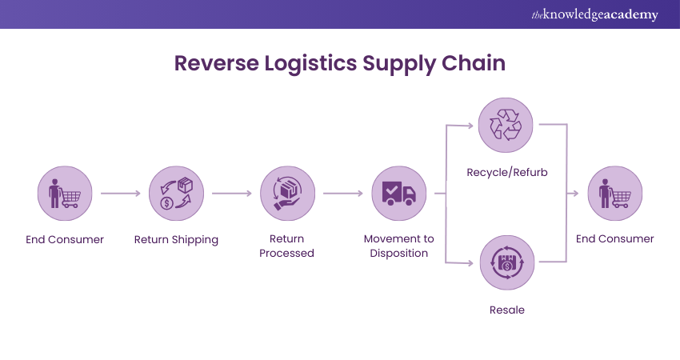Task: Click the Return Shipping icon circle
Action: click(176, 194)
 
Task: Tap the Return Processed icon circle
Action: click(287, 194)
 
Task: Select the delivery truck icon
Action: click(398, 194)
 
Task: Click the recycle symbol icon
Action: click(506, 125)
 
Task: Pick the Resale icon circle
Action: click(506, 262)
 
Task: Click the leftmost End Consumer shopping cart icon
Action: click(65, 194)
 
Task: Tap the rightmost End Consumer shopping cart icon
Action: click(614, 194)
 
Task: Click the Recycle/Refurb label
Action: click(506, 172)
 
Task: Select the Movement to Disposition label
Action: click(398, 246)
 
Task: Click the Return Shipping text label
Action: click(176, 239)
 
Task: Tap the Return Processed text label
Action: click(287, 246)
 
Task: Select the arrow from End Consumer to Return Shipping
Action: click(120, 194)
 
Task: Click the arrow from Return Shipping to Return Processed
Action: click(231, 194)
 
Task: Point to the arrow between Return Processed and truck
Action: click(342, 194)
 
